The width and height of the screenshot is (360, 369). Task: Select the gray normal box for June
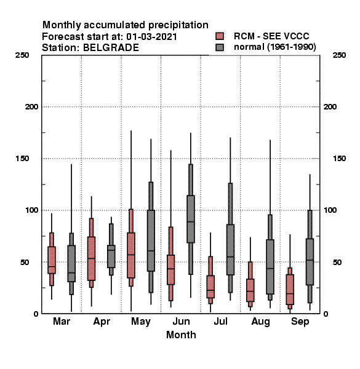coord(191,219)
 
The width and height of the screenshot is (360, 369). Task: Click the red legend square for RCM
coord(220,36)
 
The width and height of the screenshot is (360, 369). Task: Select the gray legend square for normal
coord(220,47)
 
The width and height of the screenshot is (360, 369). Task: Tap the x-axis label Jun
coord(181,322)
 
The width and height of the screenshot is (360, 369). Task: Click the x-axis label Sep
coord(300,322)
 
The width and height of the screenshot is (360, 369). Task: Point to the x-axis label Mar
coord(62,322)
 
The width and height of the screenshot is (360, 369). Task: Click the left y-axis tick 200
coord(31,107)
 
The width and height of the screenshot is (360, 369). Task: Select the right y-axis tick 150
coord(340,159)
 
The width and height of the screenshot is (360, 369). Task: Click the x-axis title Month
coord(181,335)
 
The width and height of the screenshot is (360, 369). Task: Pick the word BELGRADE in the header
coord(111,47)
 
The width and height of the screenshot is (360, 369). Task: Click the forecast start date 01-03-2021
coord(151,36)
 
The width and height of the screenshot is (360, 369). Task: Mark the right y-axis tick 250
coord(340,55)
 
